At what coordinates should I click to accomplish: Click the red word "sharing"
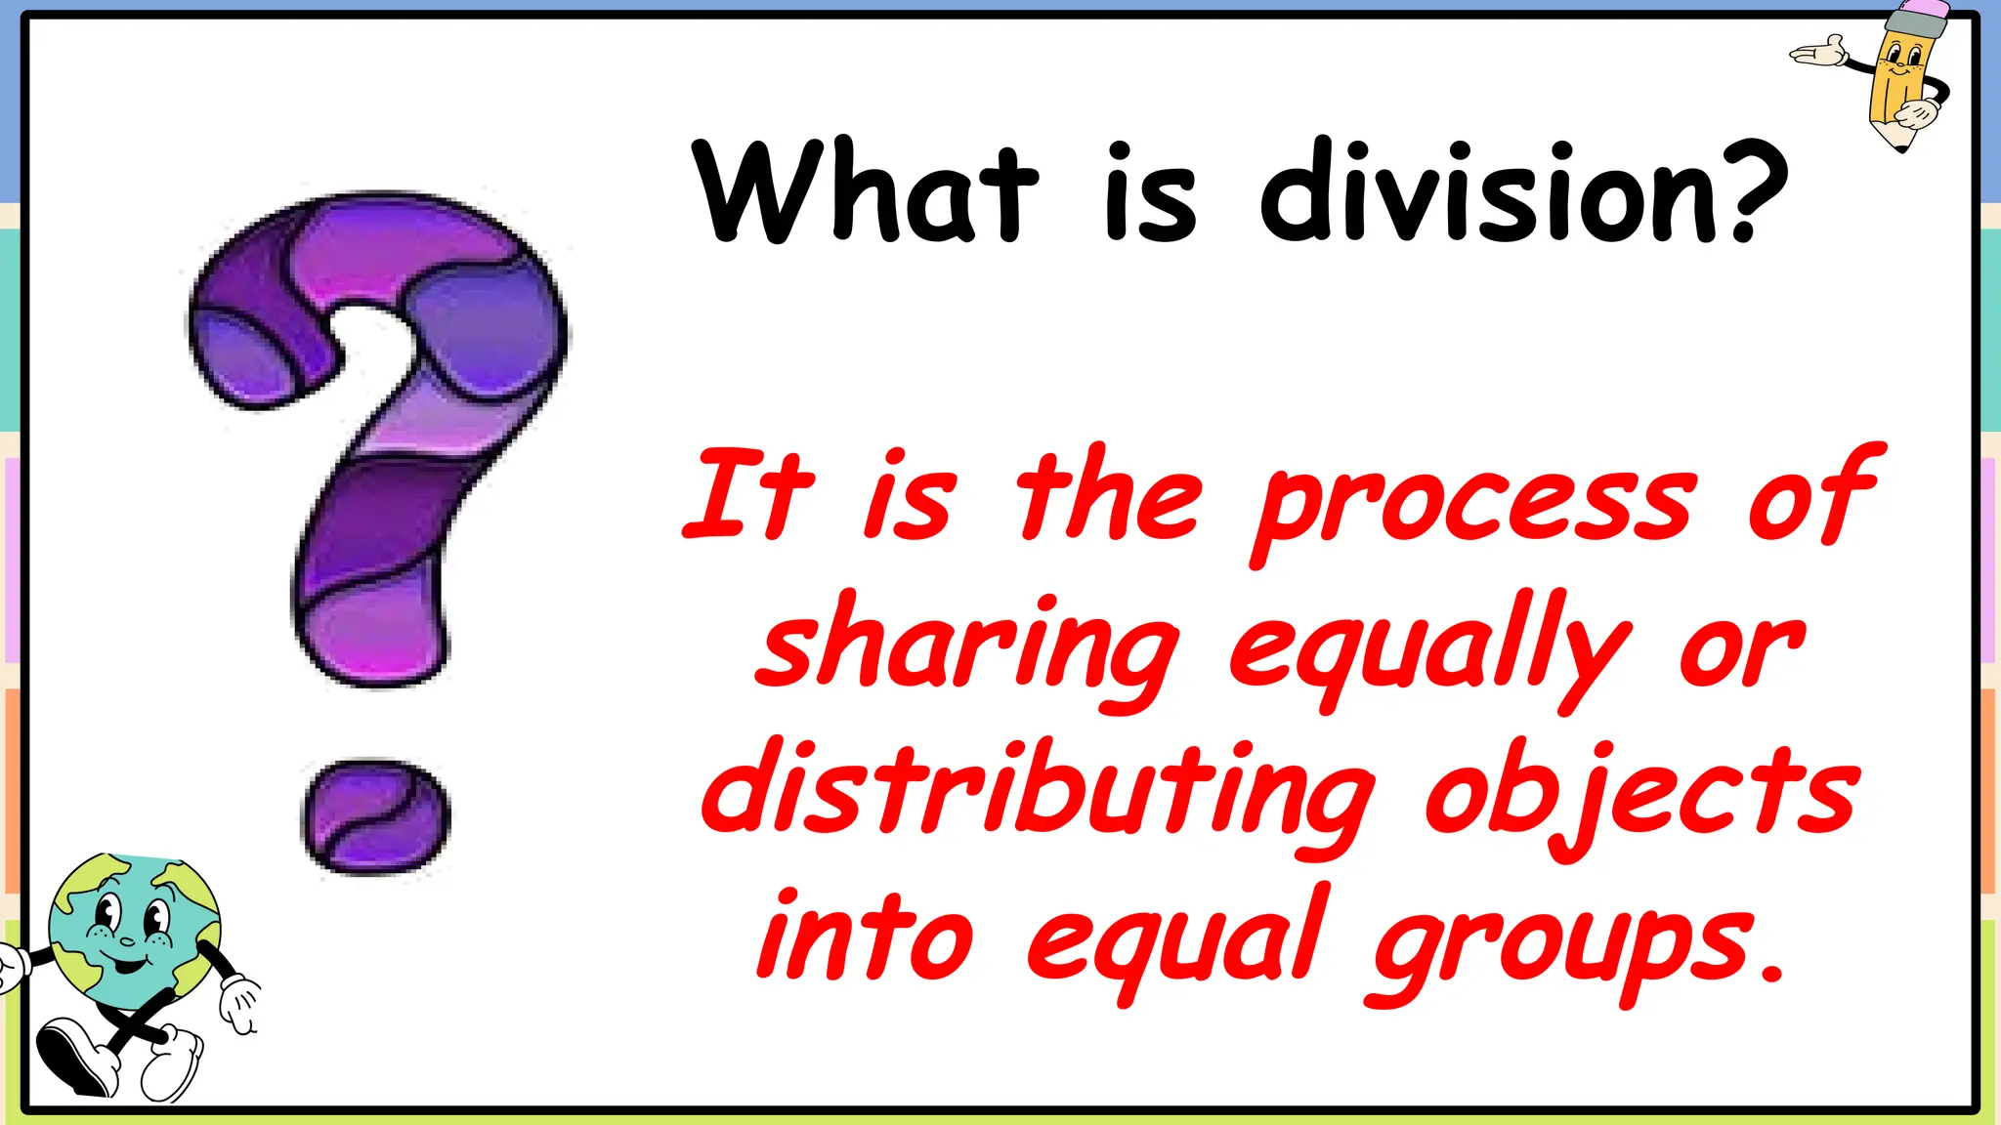click(967, 649)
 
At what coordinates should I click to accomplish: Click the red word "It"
click(748, 493)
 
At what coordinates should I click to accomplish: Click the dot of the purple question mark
click(375, 817)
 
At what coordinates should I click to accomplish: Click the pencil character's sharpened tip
click(1899, 145)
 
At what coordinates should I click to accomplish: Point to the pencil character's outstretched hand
click(1817, 51)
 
